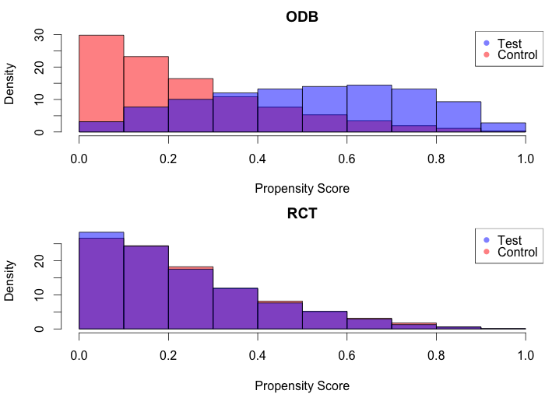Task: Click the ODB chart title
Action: click(302, 16)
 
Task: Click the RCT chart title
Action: click(302, 213)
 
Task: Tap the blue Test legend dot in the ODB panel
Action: click(487, 43)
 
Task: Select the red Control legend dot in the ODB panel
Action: click(487, 54)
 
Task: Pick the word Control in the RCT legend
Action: click(517, 252)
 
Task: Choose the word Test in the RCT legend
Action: click(509, 240)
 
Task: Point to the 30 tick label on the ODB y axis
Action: click(39, 35)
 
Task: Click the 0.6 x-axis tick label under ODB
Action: click(346, 159)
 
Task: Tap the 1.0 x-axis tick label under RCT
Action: click(526, 355)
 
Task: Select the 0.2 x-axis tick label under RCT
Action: click(168, 355)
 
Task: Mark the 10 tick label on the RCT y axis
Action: click(39, 295)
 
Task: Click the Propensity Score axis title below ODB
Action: click(302, 189)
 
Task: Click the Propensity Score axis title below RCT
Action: click(302, 385)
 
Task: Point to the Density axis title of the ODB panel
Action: click(9, 84)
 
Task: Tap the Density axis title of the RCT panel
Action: click(9, 281)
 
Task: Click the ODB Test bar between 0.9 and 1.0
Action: click(503, 127)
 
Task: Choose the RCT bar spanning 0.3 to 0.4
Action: click(235, 309)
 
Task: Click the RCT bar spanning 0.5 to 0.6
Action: click(325, 319)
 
